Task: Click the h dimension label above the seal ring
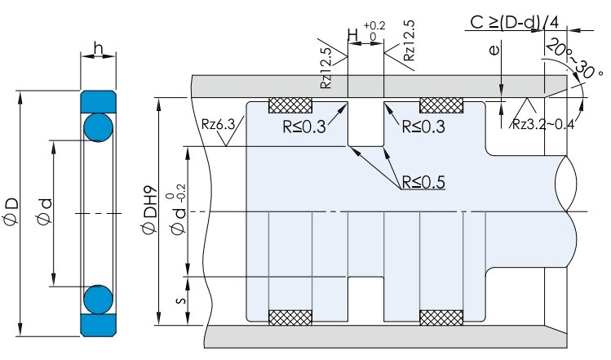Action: [x=99, y=51]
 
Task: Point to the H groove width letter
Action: [x=352, y=35]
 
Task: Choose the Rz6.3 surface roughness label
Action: [x=217, y=124]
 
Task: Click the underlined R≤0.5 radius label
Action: [x=422, y=182]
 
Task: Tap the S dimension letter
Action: [x=180, y=299]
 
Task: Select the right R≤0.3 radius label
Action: [x=424, y=127]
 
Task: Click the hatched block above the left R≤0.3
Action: [x=291, y=104]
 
